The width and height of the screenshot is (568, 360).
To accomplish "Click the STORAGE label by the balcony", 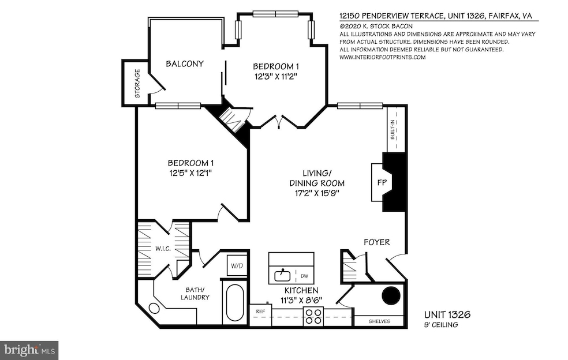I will (x=137, y=84).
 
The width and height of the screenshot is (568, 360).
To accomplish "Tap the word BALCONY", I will (x=185, y=63).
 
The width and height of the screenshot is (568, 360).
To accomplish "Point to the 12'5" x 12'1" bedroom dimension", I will (x=190, y=172).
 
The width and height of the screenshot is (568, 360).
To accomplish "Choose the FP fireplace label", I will (x=382, y=182).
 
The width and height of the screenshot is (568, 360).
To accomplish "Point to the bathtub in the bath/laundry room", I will (x=235, y=303).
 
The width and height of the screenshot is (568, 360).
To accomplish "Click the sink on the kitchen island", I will (x=283, y=273).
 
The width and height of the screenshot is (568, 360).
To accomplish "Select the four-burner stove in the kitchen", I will (x=313, y=316).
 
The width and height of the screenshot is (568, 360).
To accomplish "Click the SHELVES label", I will (x=379, y=321).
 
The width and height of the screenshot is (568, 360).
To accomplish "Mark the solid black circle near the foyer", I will (x=392, y=295).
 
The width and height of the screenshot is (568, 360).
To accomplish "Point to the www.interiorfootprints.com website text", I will (x=382, y=57).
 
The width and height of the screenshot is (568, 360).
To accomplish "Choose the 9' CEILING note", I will (x=442, y=325).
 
